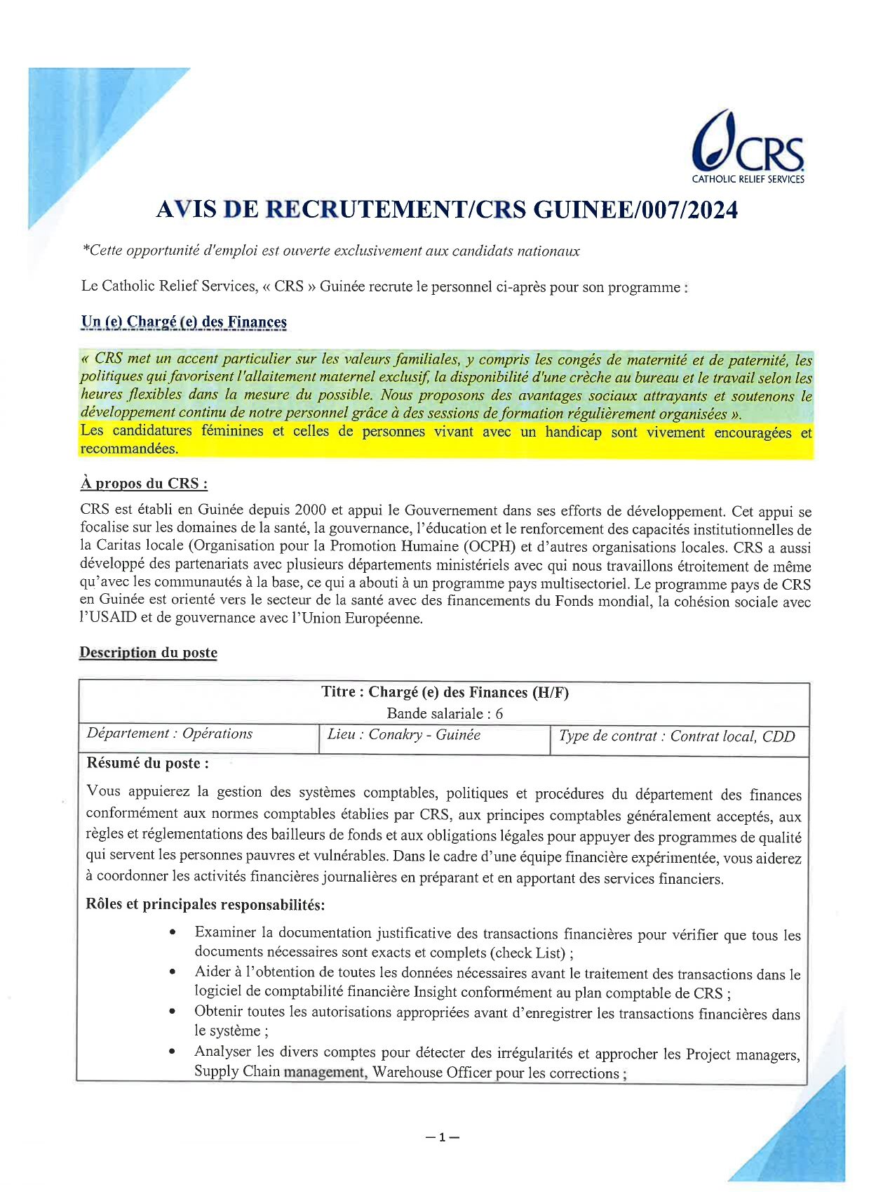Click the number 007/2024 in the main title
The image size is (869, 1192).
678,210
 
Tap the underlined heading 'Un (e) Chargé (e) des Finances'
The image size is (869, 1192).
184,322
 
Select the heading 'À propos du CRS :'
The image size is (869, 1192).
144,484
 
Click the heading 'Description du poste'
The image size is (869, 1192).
148,653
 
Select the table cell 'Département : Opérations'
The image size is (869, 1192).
170,734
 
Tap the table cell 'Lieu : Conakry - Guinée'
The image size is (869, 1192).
404,735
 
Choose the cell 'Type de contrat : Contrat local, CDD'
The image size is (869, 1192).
677,736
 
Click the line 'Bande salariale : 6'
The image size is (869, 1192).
445,714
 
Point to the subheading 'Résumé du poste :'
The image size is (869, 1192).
147,763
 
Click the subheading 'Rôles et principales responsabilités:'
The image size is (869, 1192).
205,904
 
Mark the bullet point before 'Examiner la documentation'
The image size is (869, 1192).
173,933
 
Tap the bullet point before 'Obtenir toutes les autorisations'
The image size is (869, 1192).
173,1012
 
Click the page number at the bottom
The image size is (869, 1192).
442,1137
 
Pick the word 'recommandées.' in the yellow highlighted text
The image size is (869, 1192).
130,449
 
